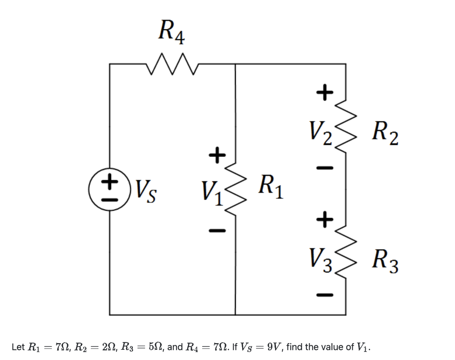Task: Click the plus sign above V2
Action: coord(324,92)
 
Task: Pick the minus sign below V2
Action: coord(324,168)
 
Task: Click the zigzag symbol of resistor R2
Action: coord(345,126)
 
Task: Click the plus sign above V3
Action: coord(324,218)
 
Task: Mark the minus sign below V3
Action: coord(324,294)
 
